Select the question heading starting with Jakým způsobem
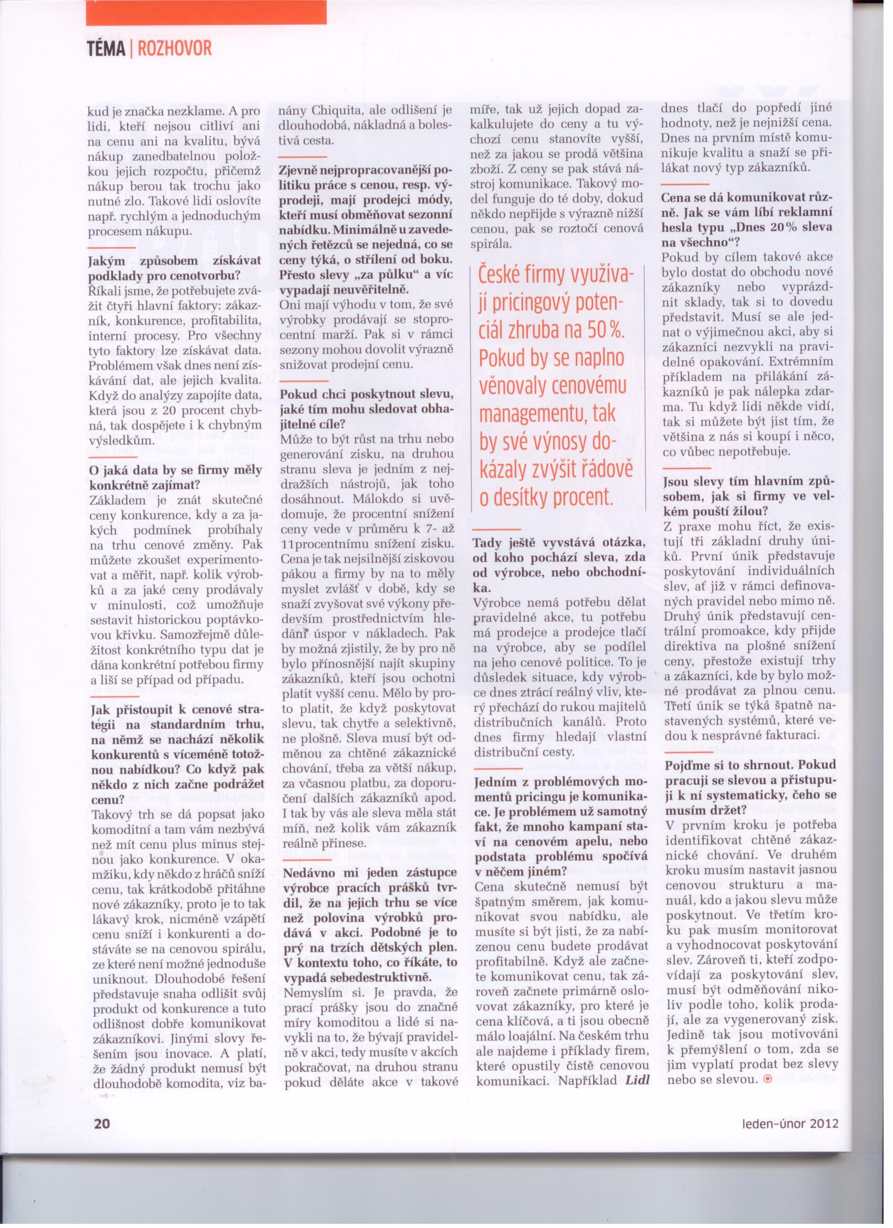(x=174, y=267)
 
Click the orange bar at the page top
(x=206, y=12)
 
